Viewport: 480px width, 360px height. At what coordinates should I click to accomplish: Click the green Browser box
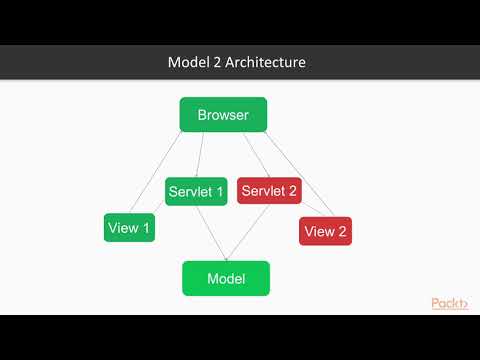pos(223,114)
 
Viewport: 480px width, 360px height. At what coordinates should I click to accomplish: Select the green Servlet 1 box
pos(197,191)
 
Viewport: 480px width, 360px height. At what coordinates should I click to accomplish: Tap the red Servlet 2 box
pos(269,191)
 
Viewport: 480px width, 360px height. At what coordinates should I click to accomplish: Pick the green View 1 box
pos(129,227)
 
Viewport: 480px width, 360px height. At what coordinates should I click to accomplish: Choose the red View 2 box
pos(325,231)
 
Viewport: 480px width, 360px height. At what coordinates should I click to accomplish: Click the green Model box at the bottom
pos(226,278)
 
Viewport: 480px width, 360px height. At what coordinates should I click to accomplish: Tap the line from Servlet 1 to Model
pos(214,234)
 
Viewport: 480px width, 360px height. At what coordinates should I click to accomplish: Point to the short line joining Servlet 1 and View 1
pos(161,207)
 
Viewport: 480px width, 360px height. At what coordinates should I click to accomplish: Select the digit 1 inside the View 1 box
pos(146,228)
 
